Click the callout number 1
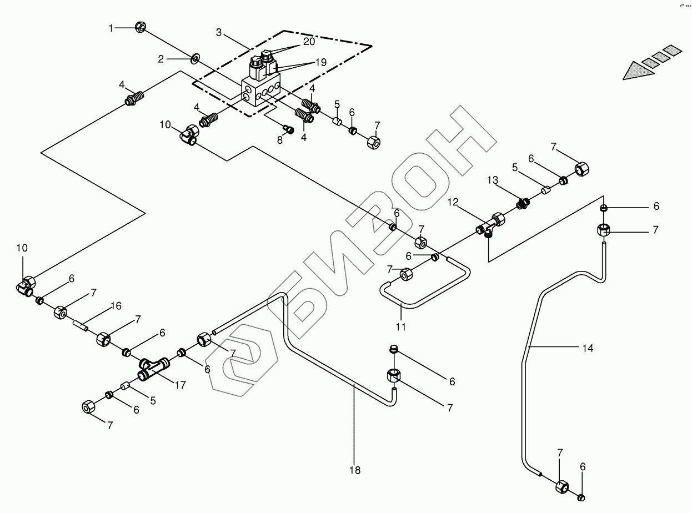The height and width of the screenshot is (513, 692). point(111,27)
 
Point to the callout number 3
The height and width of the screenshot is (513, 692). point(219,33)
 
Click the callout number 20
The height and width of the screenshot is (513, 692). point(309,42)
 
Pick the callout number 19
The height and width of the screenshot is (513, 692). point(320,63)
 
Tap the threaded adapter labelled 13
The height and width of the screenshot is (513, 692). point(522,204)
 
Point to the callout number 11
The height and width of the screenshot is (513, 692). point(401,327)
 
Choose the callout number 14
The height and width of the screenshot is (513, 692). point(588,348)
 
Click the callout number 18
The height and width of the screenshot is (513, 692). point(355,470)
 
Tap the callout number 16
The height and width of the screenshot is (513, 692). point(116,305)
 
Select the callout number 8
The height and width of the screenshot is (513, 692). point(280,140)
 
